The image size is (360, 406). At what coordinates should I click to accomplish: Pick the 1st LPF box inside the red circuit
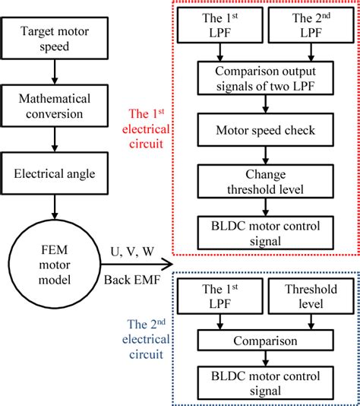coord(219,27)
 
